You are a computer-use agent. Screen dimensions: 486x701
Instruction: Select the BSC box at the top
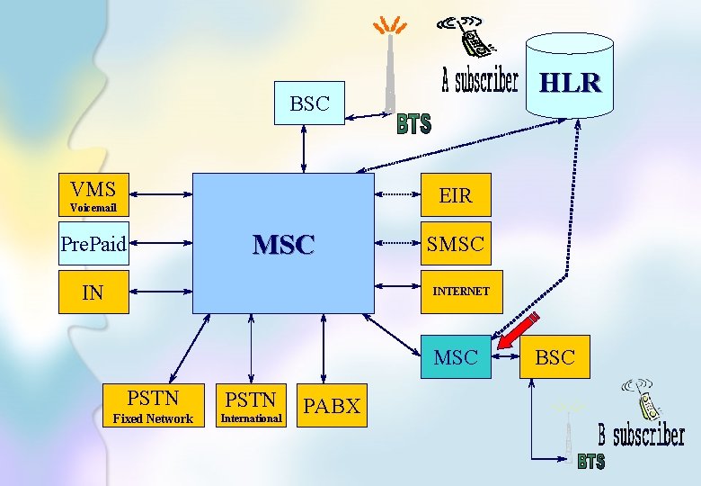point(309,103)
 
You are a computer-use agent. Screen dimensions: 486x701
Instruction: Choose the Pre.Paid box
point(93,243)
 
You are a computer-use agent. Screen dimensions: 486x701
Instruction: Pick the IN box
point(93,292)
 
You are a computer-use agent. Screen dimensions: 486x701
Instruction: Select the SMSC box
point(456,243)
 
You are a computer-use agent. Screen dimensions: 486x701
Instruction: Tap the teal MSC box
point(456,357)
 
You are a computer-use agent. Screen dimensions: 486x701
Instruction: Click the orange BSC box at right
point(555,357)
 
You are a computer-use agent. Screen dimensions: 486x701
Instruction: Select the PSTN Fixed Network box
point(153,406)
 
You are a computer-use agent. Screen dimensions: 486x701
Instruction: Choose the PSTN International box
point(251,406)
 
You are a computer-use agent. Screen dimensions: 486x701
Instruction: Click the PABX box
point(332,406)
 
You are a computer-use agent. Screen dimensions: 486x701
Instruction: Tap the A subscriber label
point(480,82)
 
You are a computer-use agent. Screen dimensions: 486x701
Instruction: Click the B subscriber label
point(642,437)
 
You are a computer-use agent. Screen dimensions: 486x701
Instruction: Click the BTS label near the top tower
point(414,124)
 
